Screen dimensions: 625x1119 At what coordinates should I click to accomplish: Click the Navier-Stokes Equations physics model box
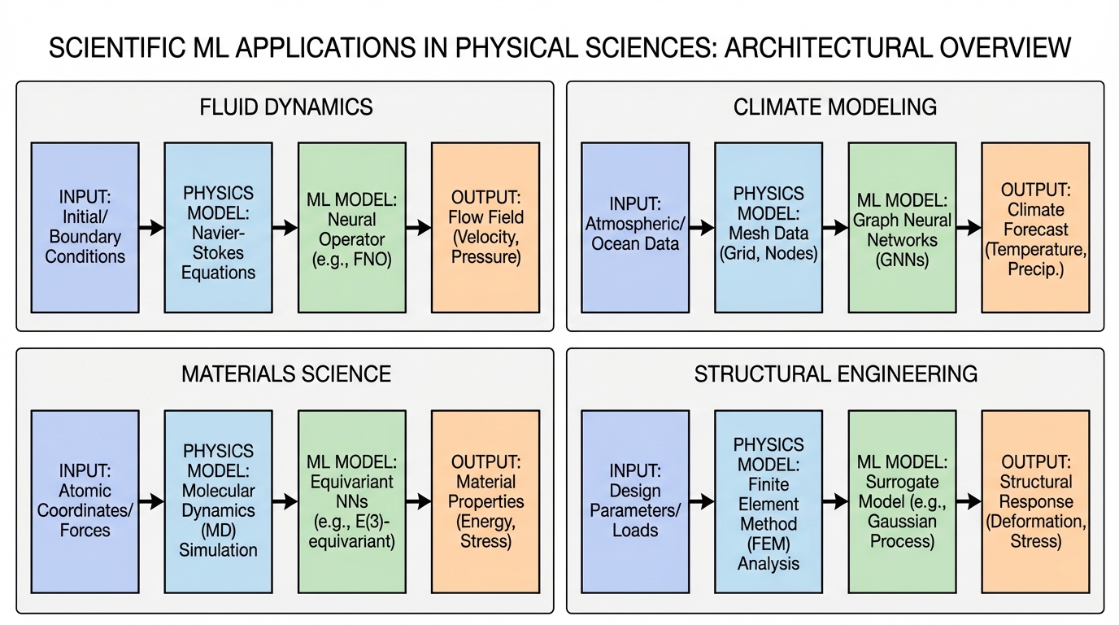point(218,228)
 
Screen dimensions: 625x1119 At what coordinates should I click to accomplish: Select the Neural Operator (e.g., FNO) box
point(352,228)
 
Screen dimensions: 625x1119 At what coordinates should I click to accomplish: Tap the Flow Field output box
point(485,228)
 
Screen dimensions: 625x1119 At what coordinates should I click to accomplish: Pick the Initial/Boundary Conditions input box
point(85,228)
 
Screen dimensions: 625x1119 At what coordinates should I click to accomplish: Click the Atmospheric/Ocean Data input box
point(635,228)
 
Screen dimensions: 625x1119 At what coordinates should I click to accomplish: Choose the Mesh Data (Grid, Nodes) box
point(768,228)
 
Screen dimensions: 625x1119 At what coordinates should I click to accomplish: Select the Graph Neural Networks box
point(902,228)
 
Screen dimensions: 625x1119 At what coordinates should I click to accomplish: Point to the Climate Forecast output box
point(1035,228)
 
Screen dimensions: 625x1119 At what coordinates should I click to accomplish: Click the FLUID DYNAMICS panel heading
point(285,107)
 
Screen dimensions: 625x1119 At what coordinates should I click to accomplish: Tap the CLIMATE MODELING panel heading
point(835,107)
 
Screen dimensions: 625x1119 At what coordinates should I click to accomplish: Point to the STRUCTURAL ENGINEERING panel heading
point(835,374)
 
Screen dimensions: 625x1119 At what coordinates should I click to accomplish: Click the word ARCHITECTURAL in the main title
point(831,48)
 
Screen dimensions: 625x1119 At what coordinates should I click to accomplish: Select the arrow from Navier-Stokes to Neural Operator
point(285,228)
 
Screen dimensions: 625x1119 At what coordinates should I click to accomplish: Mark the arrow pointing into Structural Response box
point(969,502)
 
